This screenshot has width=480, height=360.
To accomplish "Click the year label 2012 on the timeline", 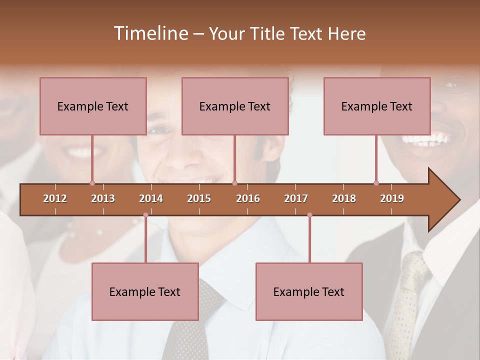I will click(x=55, y=198).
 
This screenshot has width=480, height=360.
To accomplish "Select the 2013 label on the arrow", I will click(x=103, y=198).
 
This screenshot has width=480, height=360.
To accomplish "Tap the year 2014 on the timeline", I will click(x=151, y=198).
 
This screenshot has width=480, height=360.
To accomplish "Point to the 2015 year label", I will click(x=199, y=198).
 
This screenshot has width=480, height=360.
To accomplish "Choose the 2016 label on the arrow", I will click(x=248, y=198).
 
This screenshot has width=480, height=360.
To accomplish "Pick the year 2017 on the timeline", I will click(x=296, y=198).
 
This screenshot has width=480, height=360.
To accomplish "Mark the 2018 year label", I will click(x=344, y=198).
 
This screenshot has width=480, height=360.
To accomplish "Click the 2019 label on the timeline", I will click(x=392, y=198).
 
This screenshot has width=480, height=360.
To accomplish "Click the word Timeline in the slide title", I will click(x=150, y=33).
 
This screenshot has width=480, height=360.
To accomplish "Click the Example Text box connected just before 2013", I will click(x=93, y=106).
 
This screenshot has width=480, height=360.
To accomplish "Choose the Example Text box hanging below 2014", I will click(x=145, y=291).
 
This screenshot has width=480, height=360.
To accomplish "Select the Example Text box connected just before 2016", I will click(x=235, y=106).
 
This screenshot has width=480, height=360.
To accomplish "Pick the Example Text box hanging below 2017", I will click(x=309, y=291).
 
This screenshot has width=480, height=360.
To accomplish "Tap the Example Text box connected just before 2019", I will click(x=377, y=106).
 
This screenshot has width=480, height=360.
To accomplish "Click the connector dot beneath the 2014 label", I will click(x=145, y=215).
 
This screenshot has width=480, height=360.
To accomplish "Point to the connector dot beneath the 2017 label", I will click(x=309, y=215).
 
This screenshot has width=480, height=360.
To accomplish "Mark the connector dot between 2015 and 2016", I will click(x=234, y=183).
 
